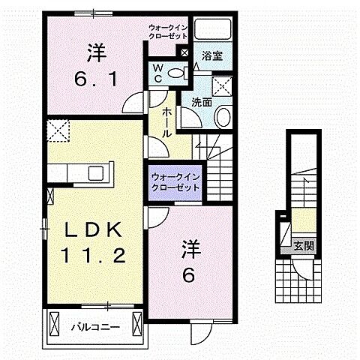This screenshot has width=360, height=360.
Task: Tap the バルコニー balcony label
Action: (96, 327)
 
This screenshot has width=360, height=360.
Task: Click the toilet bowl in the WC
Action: (177, 72)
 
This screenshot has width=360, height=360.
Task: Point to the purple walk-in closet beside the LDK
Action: (174, 182)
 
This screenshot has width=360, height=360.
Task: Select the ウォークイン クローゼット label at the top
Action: (167, 32)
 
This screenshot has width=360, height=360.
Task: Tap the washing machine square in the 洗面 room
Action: (221, 84)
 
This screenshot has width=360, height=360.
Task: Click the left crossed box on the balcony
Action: (57, 324)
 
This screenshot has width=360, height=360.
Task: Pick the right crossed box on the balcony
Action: (136, 324)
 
